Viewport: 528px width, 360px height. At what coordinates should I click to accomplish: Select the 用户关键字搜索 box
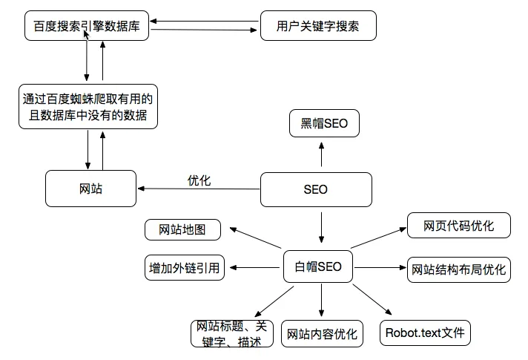click(318, 27)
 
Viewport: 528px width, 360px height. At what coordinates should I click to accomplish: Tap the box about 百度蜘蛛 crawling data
click(88, 106)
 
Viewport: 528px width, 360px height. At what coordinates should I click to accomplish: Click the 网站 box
click(90, 189)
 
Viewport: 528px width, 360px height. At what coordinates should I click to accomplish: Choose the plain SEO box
click(315, 189)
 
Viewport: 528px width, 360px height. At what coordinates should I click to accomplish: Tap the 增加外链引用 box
click(184, 268)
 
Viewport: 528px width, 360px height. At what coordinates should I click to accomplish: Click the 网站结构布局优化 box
click(459, 269)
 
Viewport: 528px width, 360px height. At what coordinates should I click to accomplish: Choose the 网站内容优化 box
click(322, 334)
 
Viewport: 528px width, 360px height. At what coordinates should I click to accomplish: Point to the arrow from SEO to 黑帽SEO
click(322, 156)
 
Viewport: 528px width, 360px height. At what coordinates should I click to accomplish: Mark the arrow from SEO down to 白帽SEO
click(322, 227)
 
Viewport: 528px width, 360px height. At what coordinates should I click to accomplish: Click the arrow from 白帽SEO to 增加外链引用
click(255, 267)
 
